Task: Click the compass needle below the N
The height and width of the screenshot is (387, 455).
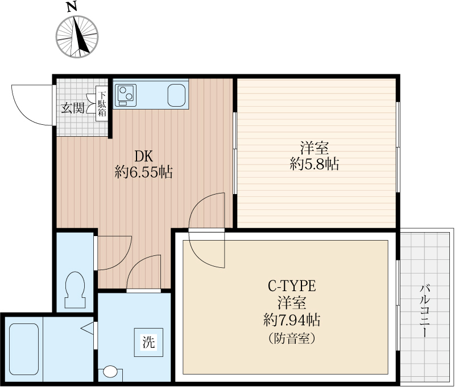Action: (x=80, y=36)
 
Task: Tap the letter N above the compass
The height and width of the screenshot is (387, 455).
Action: (x=72, y=7)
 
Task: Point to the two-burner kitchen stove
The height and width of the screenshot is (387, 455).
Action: (x=126, y=95)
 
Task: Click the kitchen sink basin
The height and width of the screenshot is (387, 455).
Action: (x=176, y=95)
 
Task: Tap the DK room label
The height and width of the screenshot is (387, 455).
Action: (x=143, y=157)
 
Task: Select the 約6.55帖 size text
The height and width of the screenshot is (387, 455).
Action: (x=143, y=173)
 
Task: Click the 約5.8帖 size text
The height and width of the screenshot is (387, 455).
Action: (x=315, y=164)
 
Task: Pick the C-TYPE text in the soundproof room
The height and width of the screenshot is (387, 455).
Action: (x=291, y=286)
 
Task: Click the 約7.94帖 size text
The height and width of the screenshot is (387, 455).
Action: (x=292, y=320)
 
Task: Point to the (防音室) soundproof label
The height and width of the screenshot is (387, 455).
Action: (x=292, y=338)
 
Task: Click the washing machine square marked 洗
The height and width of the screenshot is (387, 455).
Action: (x=148, y=342)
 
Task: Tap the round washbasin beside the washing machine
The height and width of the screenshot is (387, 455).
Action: (x=110, y=372)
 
